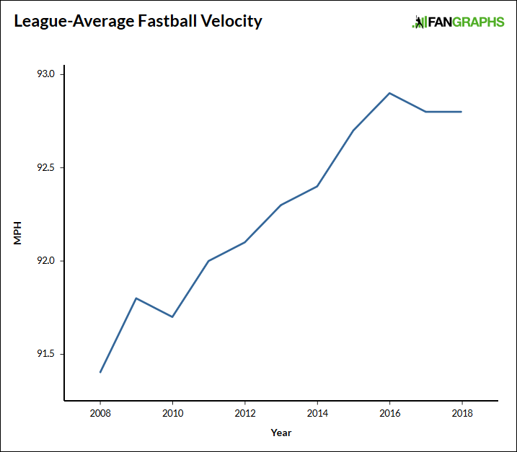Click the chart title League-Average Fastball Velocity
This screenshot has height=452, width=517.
point(138,22)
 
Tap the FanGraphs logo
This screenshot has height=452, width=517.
point(458,22)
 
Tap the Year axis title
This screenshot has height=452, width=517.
point(281,433)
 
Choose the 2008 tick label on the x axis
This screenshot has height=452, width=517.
point(100,415)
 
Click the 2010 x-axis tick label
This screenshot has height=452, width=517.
point(172,415)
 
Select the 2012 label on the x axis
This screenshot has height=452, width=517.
point(245,415)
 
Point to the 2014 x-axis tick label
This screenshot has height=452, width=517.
point(317,415)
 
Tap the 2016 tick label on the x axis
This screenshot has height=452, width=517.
point(389,415)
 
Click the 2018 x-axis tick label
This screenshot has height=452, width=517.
point(461,415)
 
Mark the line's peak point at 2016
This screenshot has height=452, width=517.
point(389,93)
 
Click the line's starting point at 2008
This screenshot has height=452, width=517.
point(100,372)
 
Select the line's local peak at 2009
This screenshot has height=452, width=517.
point(136,298)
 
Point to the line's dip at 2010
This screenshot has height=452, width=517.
point(172,316)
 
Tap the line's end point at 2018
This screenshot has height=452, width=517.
point(461,112)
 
